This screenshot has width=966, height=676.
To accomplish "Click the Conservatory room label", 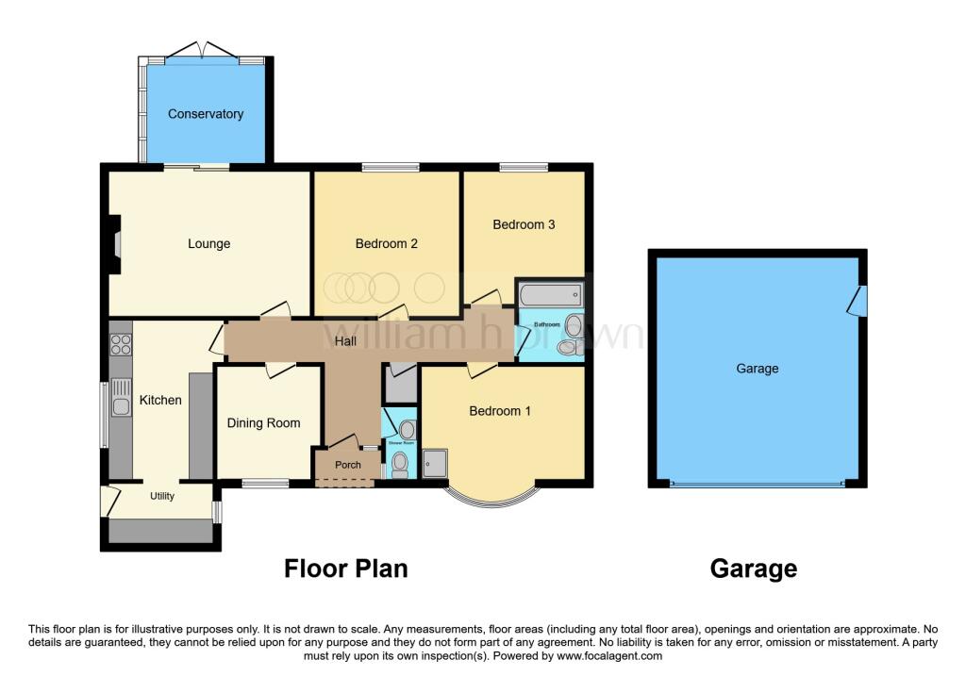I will (206, 114).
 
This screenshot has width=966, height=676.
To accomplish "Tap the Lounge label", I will (208, 244).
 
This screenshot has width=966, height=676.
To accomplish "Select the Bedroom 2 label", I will (386, 244).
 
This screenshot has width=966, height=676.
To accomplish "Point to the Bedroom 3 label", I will (524, 224).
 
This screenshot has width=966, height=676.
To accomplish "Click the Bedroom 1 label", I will (500, 411).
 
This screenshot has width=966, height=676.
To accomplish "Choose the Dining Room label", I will (263, 423).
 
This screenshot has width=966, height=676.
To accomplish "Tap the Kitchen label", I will (160, 400).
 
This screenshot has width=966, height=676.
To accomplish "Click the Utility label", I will (162, 496).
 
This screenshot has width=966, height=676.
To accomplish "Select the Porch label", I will (348, 465).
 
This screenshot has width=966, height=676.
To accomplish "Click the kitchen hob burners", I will (120, 345).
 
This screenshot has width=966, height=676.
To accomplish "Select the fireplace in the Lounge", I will (114, 245).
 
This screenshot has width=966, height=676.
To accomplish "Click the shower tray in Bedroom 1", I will (437, 463).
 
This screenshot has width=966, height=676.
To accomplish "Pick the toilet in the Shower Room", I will (400, 463).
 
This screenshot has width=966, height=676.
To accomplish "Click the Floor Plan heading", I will (346, 569).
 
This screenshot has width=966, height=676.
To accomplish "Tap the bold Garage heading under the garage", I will (754, 569).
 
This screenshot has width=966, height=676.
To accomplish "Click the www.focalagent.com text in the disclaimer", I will (609, 656).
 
